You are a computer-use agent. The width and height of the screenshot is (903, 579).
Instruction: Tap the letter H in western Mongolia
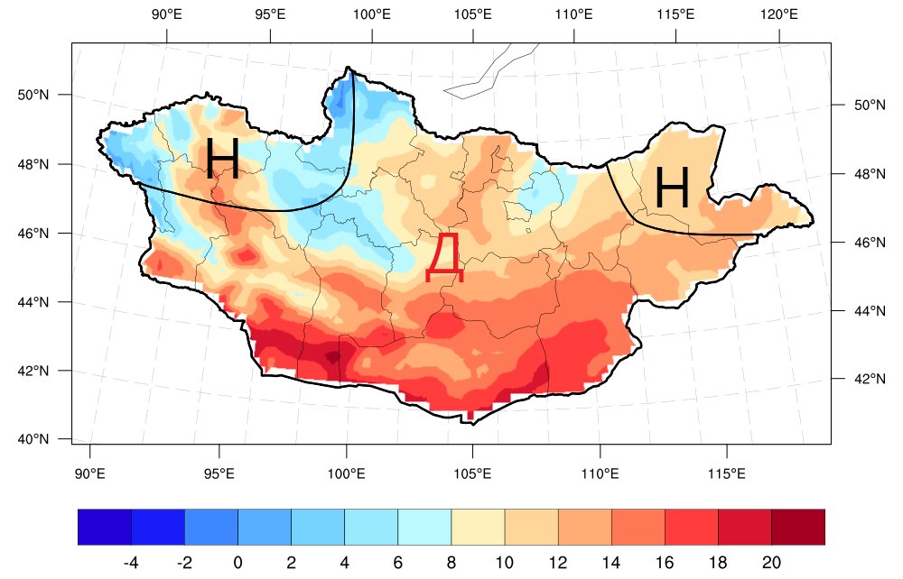click(222, 159)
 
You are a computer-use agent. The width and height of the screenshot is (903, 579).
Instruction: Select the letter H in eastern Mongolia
click(672, 188)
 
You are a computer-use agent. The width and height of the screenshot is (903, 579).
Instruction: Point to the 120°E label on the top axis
click(778, 14)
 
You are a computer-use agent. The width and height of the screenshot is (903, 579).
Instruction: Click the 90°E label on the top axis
click(167, 14)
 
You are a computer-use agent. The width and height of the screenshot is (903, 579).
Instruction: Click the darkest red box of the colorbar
click(798, 528)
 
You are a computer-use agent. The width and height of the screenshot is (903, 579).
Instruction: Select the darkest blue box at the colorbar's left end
click(105, 528)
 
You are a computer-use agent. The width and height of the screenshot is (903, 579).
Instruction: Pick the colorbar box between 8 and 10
click(478, 528)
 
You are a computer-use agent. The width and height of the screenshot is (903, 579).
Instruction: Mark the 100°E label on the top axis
click(371, 14)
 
